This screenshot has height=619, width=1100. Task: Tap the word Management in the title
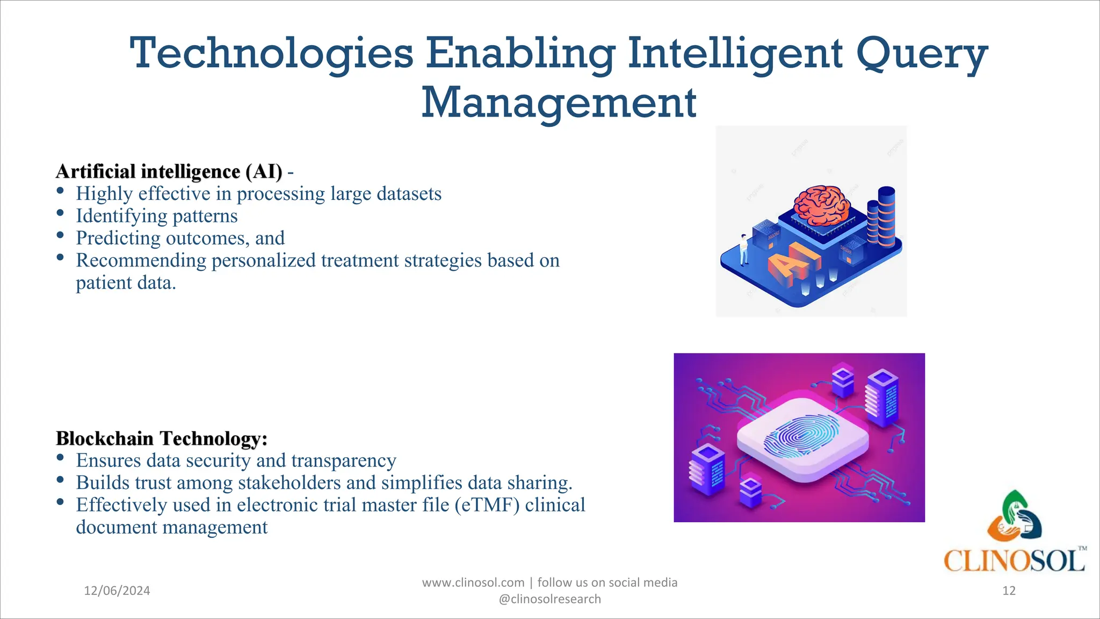tap(559, 103)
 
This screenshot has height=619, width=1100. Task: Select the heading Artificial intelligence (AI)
tap(169, 171)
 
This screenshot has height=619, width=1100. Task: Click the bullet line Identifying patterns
tap(156, 216)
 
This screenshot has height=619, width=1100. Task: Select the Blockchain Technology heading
tap(161, 438)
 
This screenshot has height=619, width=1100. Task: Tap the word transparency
tap(344, 461)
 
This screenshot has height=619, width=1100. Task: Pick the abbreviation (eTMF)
tap(487, 505)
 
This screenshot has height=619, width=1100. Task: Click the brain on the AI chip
tap(822, 206)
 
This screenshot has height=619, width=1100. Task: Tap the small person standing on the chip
tap(744, 250)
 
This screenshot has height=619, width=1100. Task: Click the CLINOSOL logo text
tap(1014, 561)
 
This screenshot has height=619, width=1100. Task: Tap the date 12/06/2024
tap(117, 591)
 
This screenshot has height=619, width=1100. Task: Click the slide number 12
tap(1009, 591)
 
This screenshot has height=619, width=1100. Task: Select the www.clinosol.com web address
tap(473, 582)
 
